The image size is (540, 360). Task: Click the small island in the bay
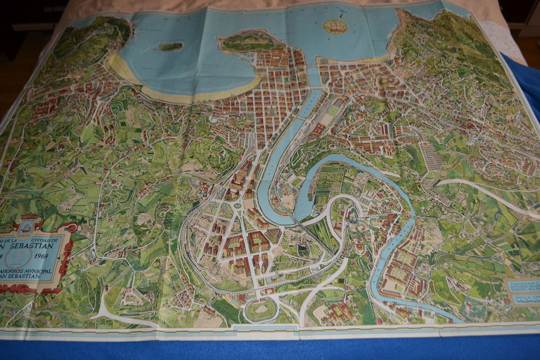[170, 46]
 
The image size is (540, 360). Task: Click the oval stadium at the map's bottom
[261, 310]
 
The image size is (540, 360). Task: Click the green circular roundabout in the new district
[237, 205]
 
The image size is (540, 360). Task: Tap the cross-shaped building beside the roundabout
[215, 206]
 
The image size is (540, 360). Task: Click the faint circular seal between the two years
[24, 255]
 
